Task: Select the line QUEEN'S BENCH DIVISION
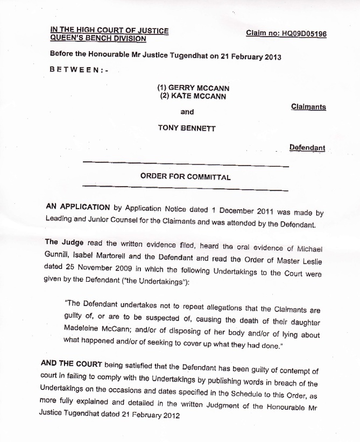click(97, 38)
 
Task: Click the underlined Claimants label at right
click(308, 106)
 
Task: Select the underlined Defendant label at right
click(307, 147)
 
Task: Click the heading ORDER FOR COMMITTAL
click(185, 176)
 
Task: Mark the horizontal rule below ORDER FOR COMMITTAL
click(185, 188)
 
